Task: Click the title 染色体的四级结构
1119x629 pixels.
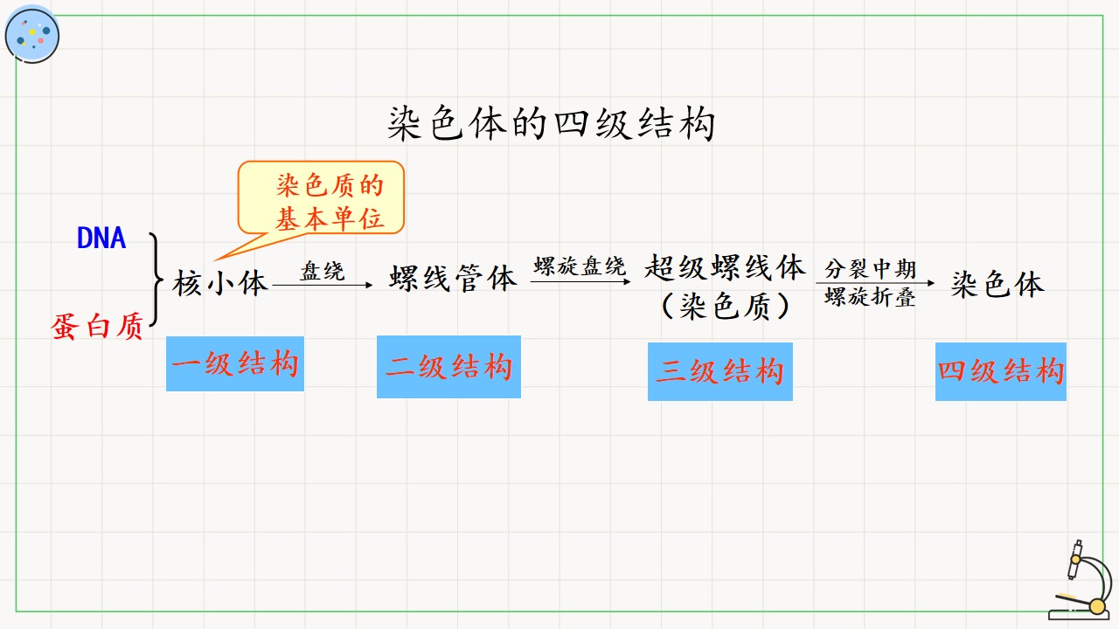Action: point(551,123)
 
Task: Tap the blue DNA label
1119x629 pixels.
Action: point(101,238)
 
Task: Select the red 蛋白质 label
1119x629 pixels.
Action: point(97,327)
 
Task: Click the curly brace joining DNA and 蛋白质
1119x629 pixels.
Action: point(156,280)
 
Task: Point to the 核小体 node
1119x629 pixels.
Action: point(219,283)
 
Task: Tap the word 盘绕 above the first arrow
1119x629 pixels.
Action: point(323,271)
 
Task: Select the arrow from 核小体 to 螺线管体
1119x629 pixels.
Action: point(323,285)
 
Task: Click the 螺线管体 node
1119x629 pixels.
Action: point(453,278)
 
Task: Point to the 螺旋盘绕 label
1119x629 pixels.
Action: point(580,266)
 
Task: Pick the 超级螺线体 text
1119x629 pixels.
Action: point(725,267)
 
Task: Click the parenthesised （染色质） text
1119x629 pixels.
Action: point(726,306)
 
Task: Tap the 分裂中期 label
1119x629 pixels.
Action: point(870,269)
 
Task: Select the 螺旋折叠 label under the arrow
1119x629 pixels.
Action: point(870,296)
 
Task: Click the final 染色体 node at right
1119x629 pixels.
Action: point(997,284)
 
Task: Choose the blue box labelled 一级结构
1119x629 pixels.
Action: point(235,364)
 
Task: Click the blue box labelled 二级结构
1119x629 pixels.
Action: point(448,367)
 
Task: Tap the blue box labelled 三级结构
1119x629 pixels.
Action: point(719,371)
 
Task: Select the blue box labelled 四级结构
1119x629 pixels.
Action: point(1001,371)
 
